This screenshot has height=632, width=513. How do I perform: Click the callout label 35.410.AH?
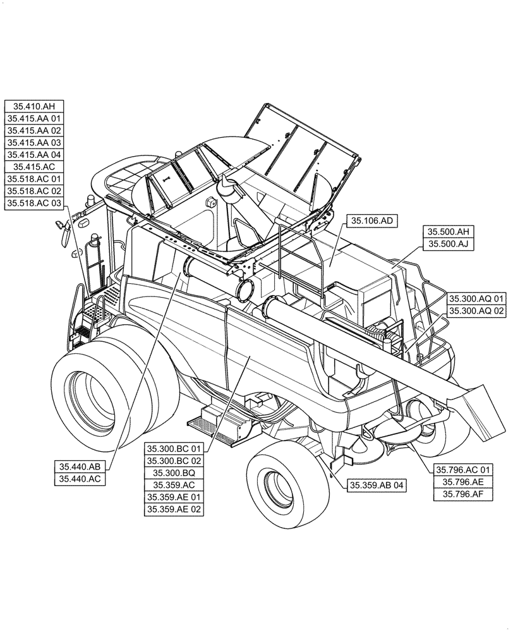[35, 106]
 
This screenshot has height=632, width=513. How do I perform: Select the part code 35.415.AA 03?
[35, 143]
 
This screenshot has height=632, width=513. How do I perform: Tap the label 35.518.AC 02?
[35, 191]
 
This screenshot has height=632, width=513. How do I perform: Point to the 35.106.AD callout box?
[372, 221]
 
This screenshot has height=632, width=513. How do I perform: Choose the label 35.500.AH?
[448, 232]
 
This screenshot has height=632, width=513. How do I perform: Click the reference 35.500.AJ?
[448, 244]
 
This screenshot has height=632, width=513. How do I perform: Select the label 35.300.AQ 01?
[477, 298]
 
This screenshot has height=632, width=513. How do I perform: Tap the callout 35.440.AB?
[80, 467]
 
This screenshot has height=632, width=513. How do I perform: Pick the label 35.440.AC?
[80, 479]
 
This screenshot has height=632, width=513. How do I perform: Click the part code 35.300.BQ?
[174, 473]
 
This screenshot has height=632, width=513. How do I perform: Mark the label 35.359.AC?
[174, 485]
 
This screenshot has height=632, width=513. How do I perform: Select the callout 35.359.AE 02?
[174, 509]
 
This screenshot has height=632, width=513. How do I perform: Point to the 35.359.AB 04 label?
[376, 485]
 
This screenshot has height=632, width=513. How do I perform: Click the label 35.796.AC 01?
[462, 470]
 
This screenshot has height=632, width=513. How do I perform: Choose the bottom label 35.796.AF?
[462, 494]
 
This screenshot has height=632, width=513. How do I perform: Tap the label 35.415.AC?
[35, 167]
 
